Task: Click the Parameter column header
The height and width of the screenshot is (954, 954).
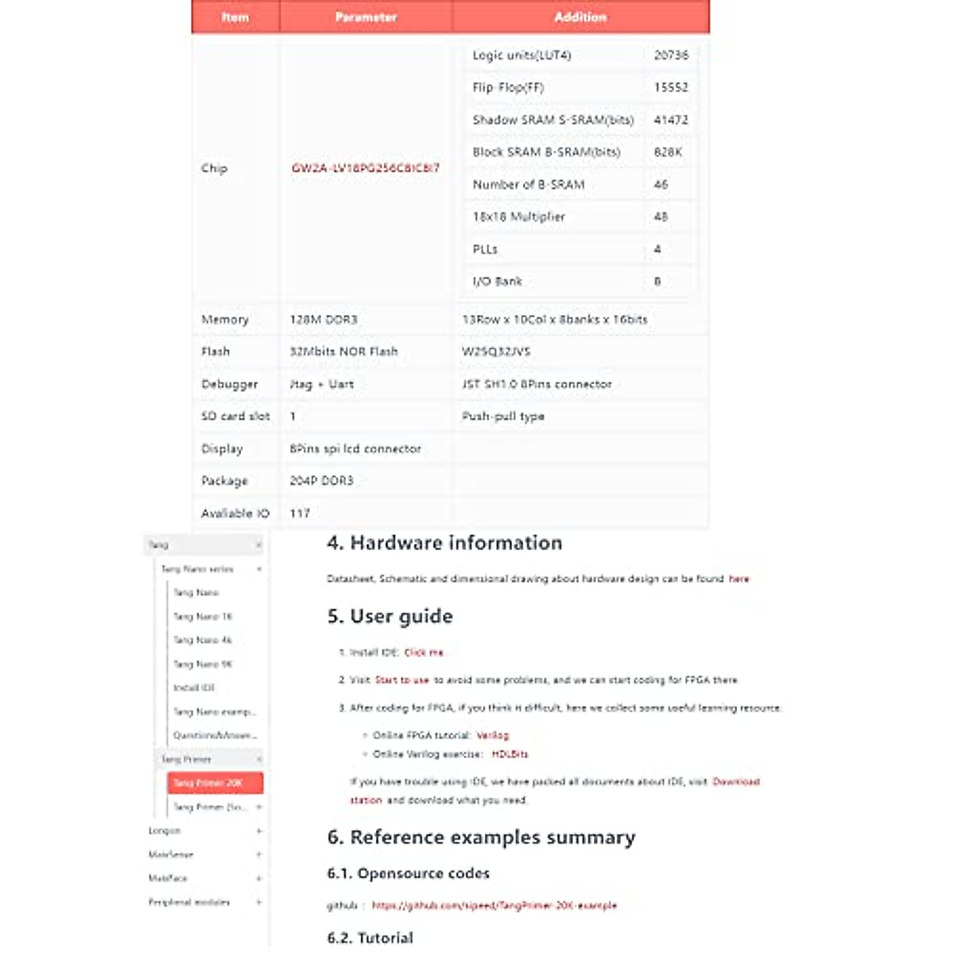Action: coord(366,17)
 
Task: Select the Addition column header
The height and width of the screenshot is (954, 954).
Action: coord(580,17)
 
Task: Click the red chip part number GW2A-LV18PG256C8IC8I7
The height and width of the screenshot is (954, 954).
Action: coord(365,168)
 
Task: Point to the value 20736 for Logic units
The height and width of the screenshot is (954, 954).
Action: coord(671,55)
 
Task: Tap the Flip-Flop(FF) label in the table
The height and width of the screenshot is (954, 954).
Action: coord(508,87)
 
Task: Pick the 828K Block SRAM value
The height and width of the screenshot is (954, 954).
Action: coord(668,152)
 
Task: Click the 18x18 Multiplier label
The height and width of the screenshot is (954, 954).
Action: coord(518,216)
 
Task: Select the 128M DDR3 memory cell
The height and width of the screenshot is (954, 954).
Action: coord(324,320)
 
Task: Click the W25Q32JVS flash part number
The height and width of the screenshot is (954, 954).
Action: coord(496,351)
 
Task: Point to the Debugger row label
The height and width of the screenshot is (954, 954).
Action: coord(230,384)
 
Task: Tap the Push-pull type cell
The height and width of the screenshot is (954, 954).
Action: coord(503,416)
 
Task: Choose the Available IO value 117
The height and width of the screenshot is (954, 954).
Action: coord(300,514)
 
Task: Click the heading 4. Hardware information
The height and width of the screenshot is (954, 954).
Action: coord(444,543)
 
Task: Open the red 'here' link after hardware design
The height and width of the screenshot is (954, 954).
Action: coord(739,579)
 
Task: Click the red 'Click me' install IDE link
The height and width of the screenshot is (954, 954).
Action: coord(424,653)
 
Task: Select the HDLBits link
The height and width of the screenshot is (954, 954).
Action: coord(510,754)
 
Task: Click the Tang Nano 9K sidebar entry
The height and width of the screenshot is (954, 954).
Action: coord(203,664)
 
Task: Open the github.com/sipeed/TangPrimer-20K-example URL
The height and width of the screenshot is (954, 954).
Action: coord(494,906)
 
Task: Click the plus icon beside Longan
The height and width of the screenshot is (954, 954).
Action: coord(259,831)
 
